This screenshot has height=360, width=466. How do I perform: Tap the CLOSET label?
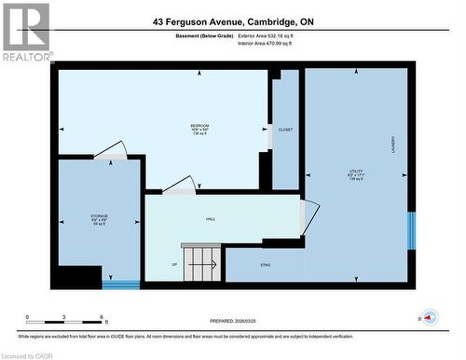285,130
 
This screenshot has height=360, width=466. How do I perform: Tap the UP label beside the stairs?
173,265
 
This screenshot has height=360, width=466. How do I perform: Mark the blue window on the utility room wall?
410,231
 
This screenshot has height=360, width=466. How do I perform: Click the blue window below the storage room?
121,284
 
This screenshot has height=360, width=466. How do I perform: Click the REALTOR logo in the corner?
25,32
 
